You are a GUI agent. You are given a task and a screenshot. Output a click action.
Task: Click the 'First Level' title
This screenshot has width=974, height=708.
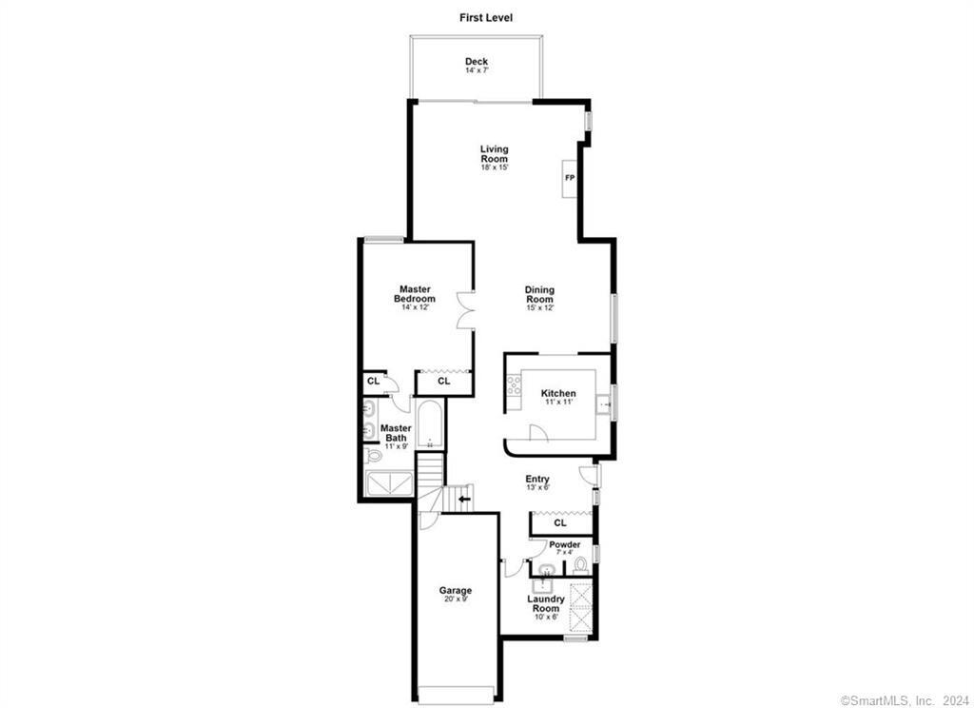point(486,18)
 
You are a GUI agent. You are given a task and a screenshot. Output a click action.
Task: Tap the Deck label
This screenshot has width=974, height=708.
point(477,62)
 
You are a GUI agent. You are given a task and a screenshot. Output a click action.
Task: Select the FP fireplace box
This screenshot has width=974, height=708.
point(570,178)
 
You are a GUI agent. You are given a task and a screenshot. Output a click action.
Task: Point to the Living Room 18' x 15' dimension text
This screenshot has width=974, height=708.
point(495,167)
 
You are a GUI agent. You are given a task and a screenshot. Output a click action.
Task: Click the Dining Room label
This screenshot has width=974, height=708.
point(539,294)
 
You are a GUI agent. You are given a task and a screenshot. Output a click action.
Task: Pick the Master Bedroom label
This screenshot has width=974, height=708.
point(415,293)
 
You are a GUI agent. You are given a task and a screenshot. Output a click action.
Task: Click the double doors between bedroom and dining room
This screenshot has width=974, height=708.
point(465,309)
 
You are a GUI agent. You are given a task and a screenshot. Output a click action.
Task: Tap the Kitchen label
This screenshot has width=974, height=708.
point(557,393)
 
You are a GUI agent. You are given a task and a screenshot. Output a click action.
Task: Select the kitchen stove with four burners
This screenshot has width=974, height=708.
point(514,384)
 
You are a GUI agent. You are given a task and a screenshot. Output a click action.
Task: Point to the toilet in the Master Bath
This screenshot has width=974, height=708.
point(373,456)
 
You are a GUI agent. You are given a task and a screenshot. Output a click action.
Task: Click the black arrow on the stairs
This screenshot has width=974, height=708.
point(464,499)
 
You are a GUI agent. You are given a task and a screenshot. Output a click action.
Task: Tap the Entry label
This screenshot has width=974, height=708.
point(537,479)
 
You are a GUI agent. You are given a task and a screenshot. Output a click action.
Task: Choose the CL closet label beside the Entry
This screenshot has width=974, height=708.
point(560,522)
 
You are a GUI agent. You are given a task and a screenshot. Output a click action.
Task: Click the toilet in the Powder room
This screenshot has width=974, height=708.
point(581,565)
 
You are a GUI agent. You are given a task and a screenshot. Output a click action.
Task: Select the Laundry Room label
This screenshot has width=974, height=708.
point(545,603)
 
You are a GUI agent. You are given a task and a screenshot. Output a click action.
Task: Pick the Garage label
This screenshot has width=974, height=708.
point(456,591)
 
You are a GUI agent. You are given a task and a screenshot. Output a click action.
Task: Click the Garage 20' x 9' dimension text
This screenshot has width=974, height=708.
point(456,600)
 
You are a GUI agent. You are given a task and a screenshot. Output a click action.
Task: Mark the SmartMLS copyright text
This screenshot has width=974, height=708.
point(904,700)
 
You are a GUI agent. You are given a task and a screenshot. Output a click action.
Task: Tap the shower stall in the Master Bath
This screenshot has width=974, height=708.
point(389,483)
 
